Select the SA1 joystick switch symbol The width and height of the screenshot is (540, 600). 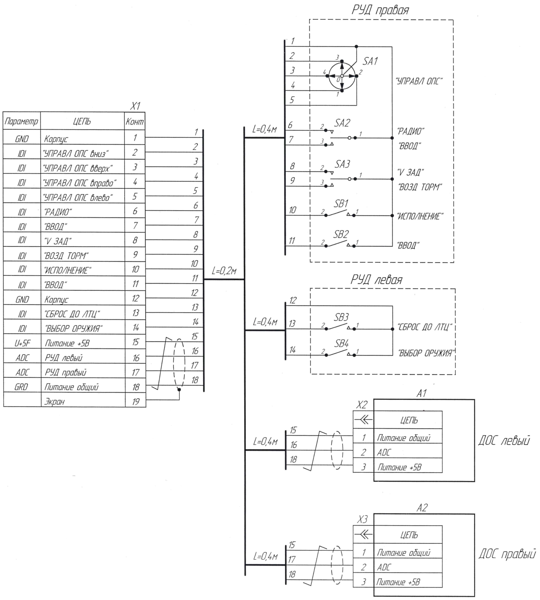(x=342, y=76)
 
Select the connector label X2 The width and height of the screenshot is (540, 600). (x=361, y=405)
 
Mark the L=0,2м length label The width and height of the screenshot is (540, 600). (x=224, y=271)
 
